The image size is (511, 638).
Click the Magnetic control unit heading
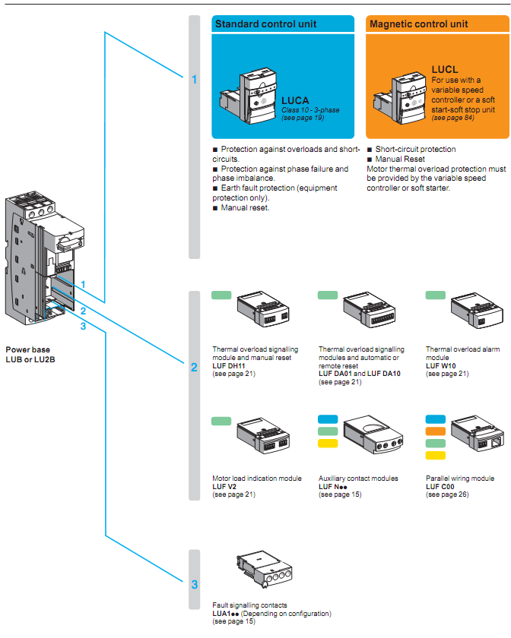[x=419, y=24]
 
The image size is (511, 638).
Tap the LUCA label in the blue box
[x=295, y=99]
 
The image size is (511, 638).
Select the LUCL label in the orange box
[x=445, y=70]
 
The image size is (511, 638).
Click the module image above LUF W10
[x=476, y=311]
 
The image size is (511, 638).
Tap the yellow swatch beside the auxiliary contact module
[x=328, y=444]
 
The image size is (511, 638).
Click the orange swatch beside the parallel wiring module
[x=436, y=431]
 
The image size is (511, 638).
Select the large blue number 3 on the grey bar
[x=194, y=585]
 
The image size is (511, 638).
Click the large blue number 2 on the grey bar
[x=194, y=368]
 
